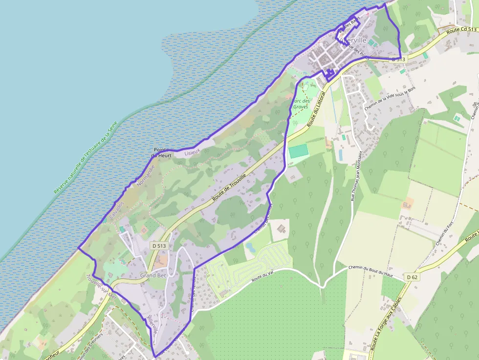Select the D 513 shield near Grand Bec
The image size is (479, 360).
tap(158, 245)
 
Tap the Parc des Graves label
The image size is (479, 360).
tap(301, 104)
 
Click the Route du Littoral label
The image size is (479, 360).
tap(317, 109)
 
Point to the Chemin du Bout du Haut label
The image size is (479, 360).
tap(371, 271)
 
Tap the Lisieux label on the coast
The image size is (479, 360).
tap(192, 152)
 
